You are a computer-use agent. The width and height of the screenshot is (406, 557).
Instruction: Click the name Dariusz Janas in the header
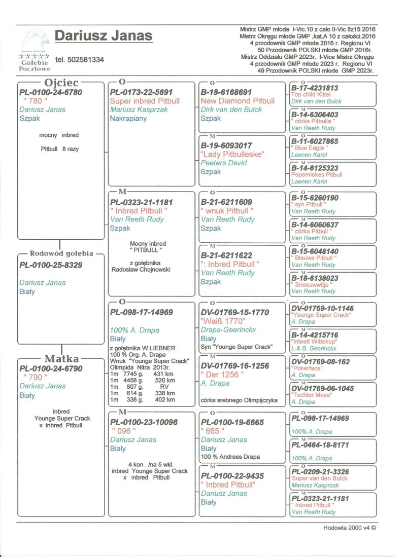tap(104, 36)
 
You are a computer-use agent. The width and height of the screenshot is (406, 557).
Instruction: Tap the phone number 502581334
tap(80, 60)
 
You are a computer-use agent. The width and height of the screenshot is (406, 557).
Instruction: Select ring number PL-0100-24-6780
tap(50, 92)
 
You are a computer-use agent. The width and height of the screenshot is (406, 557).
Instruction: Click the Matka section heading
tap(61, 359)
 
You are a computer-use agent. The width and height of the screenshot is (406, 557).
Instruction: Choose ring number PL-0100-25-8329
tap(50, 265)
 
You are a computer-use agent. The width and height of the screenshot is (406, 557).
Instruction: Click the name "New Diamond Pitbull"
tap(238, 101)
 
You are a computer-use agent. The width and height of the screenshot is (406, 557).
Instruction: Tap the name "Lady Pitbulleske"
tap(232, 154)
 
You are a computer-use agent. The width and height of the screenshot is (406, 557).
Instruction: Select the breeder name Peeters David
tap(223, 163)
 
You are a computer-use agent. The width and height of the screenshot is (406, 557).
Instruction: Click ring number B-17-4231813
tap(315, 88)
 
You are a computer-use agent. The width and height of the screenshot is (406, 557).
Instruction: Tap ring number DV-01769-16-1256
tap(235, 365)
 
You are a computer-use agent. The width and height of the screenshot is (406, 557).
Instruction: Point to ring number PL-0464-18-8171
tap(320, 444)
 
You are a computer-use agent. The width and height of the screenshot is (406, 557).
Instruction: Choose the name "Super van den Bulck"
tap(319, 478)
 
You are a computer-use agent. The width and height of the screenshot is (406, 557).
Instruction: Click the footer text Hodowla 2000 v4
tap(350, 527)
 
